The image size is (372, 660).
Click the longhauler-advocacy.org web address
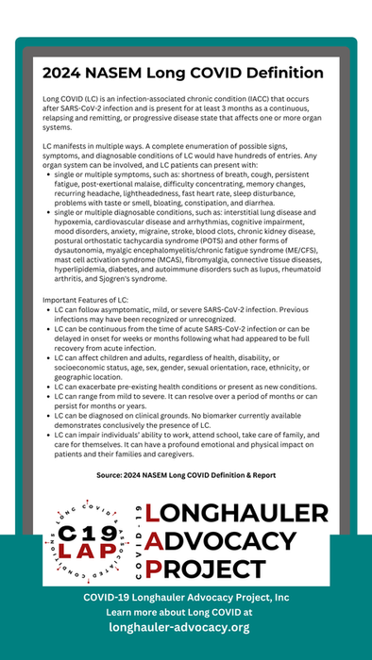click(x=179, y=627)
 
